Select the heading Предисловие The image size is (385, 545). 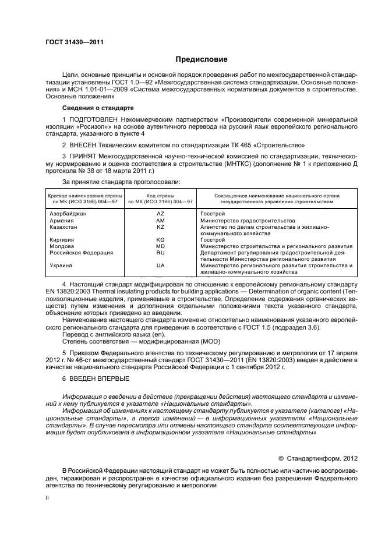tap(202, 59)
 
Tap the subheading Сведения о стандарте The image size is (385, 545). tap(98, 108)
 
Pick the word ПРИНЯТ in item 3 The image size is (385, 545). tap(83, 157)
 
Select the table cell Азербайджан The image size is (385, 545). tap(68, 214)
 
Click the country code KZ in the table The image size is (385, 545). tap(160, 227)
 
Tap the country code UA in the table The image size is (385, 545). tap(160, 266)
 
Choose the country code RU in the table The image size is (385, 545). tap(160, 253)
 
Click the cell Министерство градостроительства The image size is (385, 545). tap(247, 221)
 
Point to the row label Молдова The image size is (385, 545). tap(62, 246)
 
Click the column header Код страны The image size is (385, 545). tap(160, 196)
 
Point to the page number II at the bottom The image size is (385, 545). tap(48, 499)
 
